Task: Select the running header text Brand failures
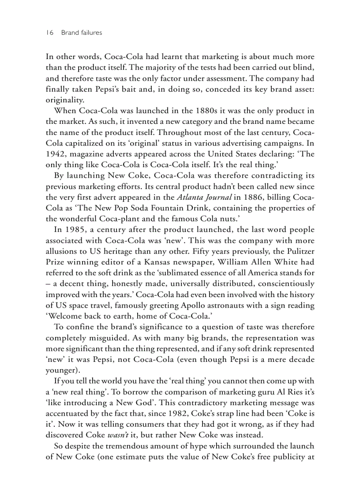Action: coord(82,33)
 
